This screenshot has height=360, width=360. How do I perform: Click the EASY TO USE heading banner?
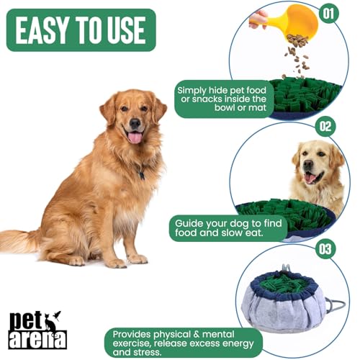(x=81, y=30)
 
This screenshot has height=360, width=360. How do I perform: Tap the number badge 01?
(x=329, y=12)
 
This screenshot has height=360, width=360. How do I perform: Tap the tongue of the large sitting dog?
(x=135, y=137)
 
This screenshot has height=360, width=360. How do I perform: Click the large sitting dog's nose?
(x=133, y=124)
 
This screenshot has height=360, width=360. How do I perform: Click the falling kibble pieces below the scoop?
(x=295, y=54)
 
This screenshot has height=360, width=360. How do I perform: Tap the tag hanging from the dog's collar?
(x=141, y=175)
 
